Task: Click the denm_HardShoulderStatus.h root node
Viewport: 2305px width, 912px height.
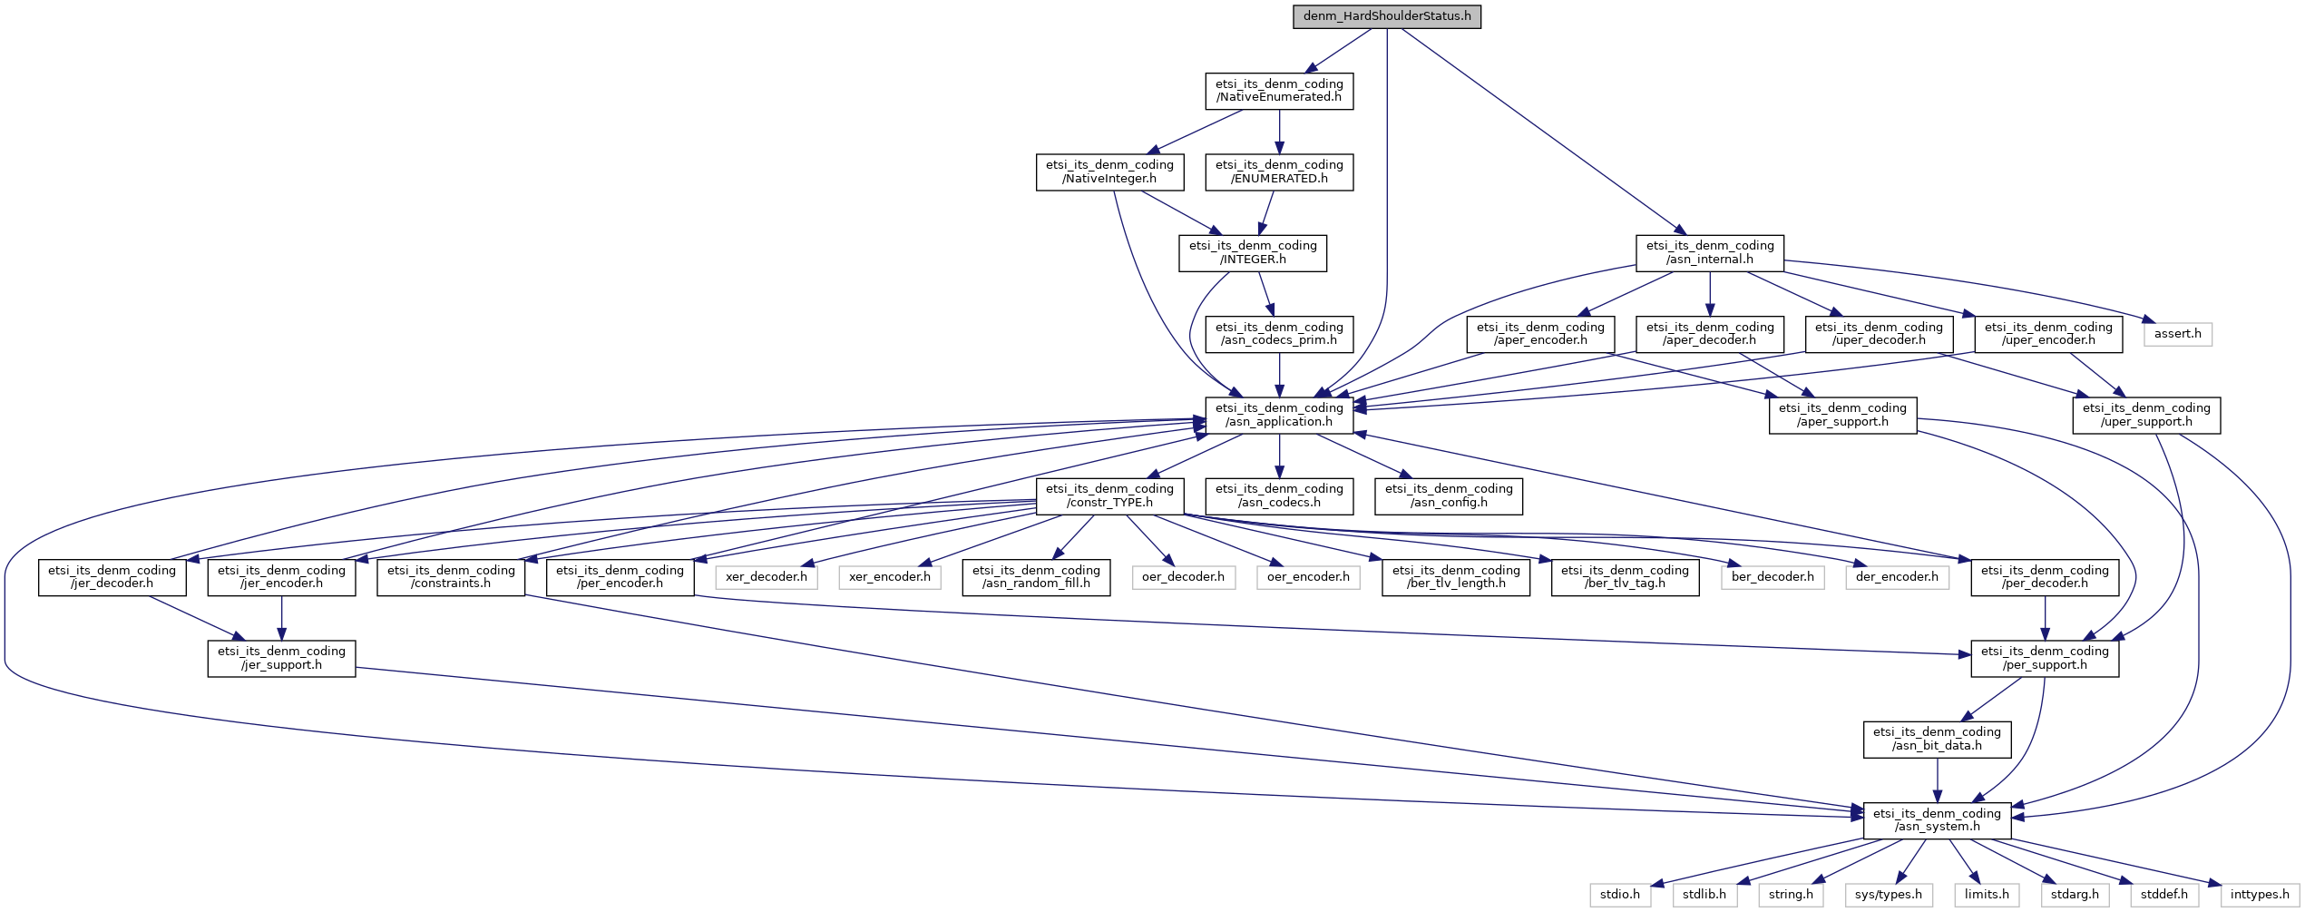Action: pyautogui.click(x=1387, y=16)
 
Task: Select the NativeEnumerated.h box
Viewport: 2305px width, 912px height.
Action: pyautogui.click(x=1279, y=91)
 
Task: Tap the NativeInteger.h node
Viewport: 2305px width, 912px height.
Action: pyautogui.click(x=1109, y=172)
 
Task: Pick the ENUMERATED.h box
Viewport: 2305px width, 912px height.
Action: pyautogui.click(x=1279, y=172)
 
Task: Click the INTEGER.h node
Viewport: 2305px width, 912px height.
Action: pyautogui.click(x=1253, y=252)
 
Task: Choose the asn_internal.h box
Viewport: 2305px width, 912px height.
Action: pyautogui.click(x=1710, y=252)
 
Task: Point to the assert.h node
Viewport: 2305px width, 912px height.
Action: pyautogui.click(x=2178, y=334)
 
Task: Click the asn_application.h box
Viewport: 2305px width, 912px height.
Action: pyautogui.click(x=1279, y=415)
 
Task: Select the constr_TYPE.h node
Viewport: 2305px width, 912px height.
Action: pyautogui.click(x=1109, y=495)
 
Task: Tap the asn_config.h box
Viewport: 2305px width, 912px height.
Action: pyautogui.click(x=1449, y=495)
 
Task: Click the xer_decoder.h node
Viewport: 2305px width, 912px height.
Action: pyautogui.click(x=767, y=577)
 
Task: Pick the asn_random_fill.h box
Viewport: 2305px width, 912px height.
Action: pyautogui.click(x=1036, y=577)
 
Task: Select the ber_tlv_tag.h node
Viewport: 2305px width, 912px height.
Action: pyautogui.click(x=1625, y=577)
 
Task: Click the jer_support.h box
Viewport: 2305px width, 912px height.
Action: pyautogui.click(x=281, y=658)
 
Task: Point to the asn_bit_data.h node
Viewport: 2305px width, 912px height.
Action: pyautogui.click(x=1937, y=739)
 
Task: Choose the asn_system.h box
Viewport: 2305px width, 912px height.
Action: pyautogui.click(x=1937, y=819)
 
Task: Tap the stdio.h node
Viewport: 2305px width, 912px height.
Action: pyautogui.click(x=1620, y=895)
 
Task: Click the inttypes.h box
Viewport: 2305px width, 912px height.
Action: pyautogui.click(x=2260, y=895)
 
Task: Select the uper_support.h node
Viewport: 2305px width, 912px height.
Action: pyautogui.click(x=2146, y=415)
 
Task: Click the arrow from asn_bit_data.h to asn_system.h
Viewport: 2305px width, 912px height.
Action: pyautogui.click(x=1937, y=780)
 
